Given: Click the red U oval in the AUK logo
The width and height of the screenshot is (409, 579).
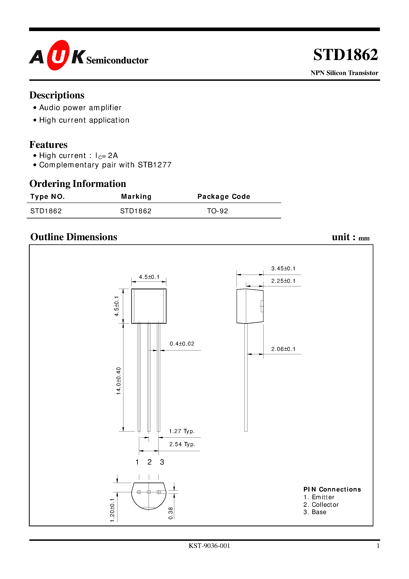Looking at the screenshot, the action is pos(58,55).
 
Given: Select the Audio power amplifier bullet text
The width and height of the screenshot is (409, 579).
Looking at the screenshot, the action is pos(80,108).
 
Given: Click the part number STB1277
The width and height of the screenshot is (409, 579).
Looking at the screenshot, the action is pos(155,165).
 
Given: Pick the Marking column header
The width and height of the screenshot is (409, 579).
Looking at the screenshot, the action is pos(136,196).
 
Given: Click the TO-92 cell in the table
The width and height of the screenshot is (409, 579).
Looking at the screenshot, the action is pos(217,211).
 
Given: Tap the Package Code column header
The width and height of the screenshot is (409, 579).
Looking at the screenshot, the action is pos(224,196).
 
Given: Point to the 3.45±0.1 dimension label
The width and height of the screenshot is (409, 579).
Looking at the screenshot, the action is pos(283,269).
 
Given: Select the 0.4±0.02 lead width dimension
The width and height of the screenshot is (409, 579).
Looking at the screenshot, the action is pos(182,344).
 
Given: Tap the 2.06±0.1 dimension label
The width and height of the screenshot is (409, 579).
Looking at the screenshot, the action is pos(283,349).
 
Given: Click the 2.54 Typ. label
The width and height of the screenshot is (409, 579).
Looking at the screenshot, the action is pos(182,444).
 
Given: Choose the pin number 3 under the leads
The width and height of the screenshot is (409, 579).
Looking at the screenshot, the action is pos(162,462).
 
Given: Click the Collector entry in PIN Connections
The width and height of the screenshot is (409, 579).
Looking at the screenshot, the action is pos(325,505).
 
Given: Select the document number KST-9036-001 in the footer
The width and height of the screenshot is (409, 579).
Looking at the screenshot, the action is pos(209,546).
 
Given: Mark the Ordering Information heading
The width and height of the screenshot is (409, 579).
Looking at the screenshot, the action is pos(78,184).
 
